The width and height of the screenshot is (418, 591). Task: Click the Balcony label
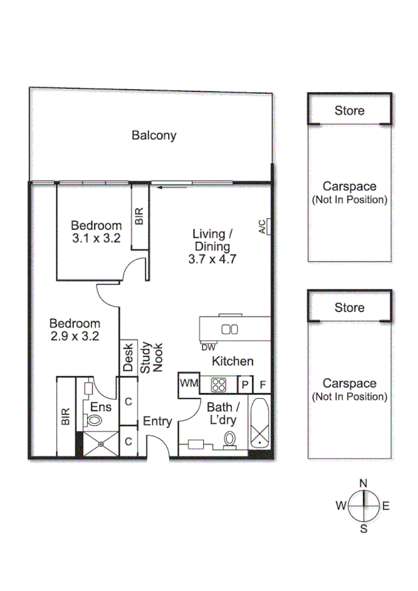pos(154,136)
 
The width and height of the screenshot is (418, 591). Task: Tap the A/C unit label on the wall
pos(262,227)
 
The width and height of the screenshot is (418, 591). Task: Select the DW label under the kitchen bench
pos(208,347)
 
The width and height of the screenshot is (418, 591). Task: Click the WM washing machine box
pos(189,383)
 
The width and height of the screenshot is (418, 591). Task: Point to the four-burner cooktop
pos(218,385)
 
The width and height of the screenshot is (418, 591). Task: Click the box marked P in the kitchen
pos(245,384)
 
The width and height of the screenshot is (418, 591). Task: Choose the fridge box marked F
pos(262,384)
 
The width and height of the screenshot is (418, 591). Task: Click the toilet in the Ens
pos(94,420)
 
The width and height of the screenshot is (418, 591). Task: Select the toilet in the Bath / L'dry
pos(229,439)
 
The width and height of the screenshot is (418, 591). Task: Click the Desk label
pos(128,358)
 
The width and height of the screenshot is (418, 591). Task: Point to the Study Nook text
pos(151,358)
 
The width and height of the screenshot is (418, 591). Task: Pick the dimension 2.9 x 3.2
pos(74,335)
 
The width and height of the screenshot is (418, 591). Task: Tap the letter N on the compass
pos(363,482)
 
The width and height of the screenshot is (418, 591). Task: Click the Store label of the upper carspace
pos(349,111)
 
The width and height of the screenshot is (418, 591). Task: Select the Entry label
pos(157,421)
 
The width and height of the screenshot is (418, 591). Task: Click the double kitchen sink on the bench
pos(230,329)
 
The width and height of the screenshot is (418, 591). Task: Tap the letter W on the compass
pos(341,505)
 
